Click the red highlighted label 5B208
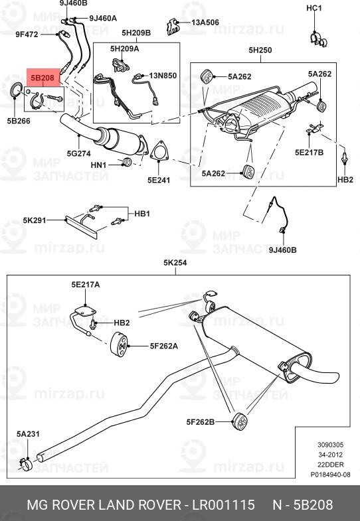(43, 78)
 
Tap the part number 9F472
(26, 33)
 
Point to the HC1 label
(314, 8)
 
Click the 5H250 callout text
(260, 50)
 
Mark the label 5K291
(33, 220)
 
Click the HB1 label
(143, 214)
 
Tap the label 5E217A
(86, 284)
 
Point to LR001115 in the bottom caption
(223, 506)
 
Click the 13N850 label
(163, 76)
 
